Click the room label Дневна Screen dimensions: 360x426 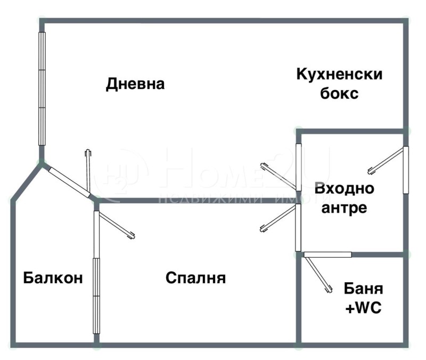pos(135,84)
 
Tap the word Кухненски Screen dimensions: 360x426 pos(339,73)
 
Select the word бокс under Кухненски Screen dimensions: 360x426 pos(339,94)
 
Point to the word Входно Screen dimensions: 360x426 pos(344,188)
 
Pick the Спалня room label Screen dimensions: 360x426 pos(195,278)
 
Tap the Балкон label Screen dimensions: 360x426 pos(53,278)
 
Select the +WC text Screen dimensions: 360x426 pos(363,308)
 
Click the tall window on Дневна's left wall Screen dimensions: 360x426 pos(42,88)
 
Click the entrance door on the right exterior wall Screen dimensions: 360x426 pos(387,160)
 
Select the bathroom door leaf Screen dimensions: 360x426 pos(317,275)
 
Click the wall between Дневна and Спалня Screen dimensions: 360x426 pos(197,201)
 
